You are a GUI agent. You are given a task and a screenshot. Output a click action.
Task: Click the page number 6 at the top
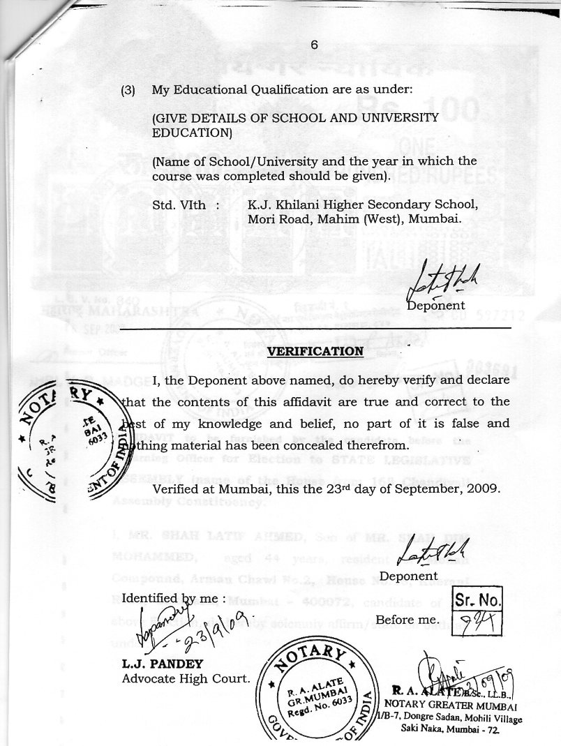click(314, 44)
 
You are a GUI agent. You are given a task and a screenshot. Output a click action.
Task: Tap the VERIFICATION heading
click(315, 350)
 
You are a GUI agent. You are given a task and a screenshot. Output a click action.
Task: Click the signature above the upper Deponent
click(441, 283)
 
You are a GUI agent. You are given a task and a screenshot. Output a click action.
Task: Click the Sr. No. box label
click(478, 599)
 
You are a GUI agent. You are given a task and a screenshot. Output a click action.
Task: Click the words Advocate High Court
click(186, 678)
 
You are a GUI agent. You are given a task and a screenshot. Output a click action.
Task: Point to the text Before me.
click(407, 620)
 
